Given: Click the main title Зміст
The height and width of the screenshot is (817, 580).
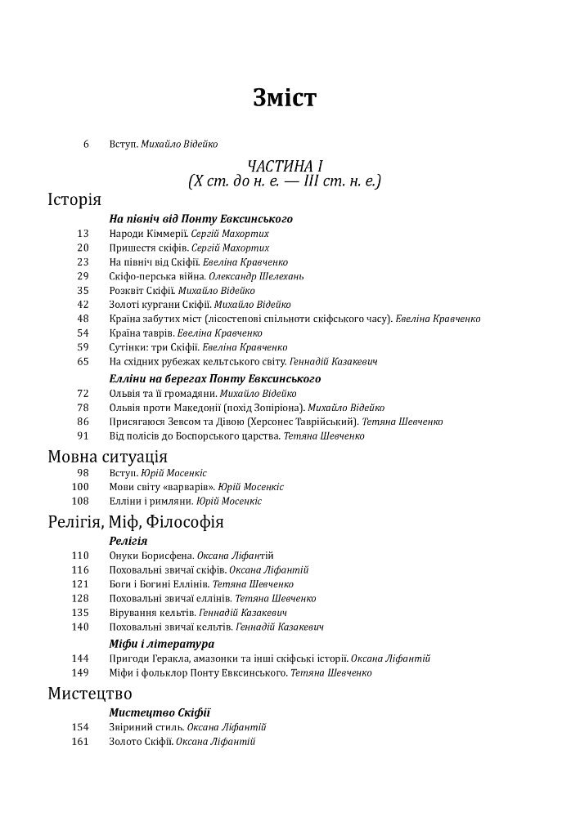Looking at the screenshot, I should click(x=285, y=99).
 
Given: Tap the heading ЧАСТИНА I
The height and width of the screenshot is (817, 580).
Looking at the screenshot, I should click(x=285, y=167).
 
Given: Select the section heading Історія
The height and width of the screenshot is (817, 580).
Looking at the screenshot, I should click(x=74, y=200).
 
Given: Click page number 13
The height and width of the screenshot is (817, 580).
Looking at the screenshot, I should click(x=83, y=234).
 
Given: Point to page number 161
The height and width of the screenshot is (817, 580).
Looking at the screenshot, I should click(x=80, y=742).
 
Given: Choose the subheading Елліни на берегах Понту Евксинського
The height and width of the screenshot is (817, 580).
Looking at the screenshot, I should click(x=214, y=379).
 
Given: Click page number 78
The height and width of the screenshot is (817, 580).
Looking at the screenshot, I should click(x=83, y=408).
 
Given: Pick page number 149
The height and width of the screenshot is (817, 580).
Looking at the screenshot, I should click(x=80, y=673).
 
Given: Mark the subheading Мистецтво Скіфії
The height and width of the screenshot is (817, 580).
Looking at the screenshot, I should click(x=160, y=712).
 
